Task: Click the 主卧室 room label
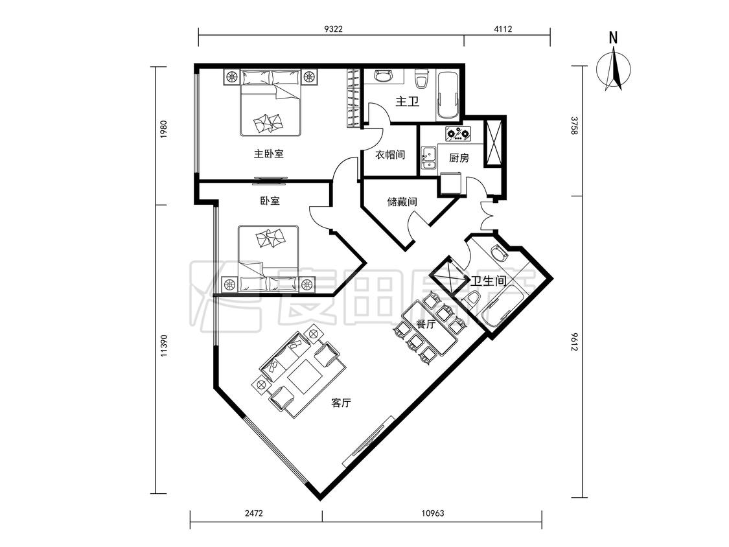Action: [269, 154]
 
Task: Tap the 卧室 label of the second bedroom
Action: [270, 201]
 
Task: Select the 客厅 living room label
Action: [341, 403]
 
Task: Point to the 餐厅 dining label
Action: [425, 324]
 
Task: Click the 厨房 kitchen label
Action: [459, 158]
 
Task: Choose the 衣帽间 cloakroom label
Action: [390, 154]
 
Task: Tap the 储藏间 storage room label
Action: [402, 202]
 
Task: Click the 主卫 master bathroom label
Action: [408, 101]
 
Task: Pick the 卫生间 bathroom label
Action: [488, 281]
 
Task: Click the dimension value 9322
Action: [333, 29]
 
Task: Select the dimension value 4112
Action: [503, 29]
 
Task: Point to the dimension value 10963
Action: [432, 513]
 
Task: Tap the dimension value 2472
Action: [254, 513]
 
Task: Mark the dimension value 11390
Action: [163, 346]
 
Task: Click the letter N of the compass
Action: [613, 38]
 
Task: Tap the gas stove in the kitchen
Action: [458, 134]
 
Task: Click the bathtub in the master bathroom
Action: [448, 95]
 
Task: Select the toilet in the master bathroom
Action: [422, 78]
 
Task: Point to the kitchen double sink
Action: [429, 157]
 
